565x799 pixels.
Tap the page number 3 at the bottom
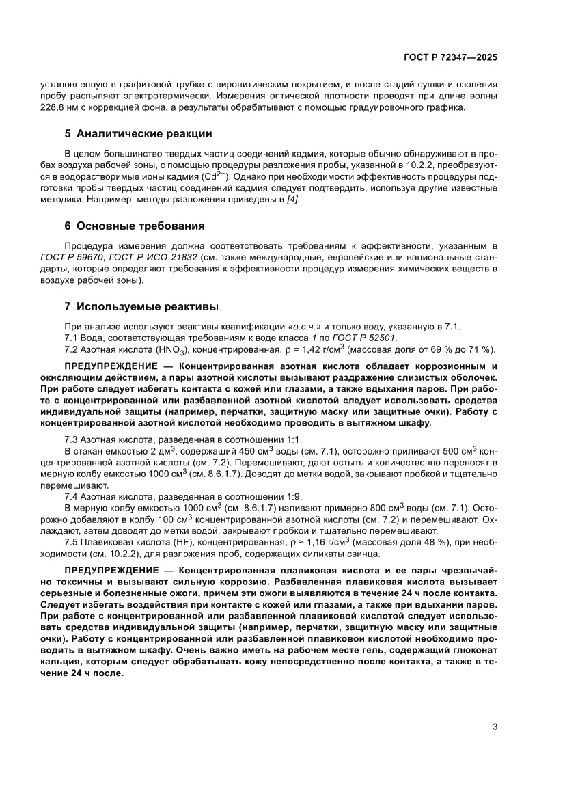click(495, 727)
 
